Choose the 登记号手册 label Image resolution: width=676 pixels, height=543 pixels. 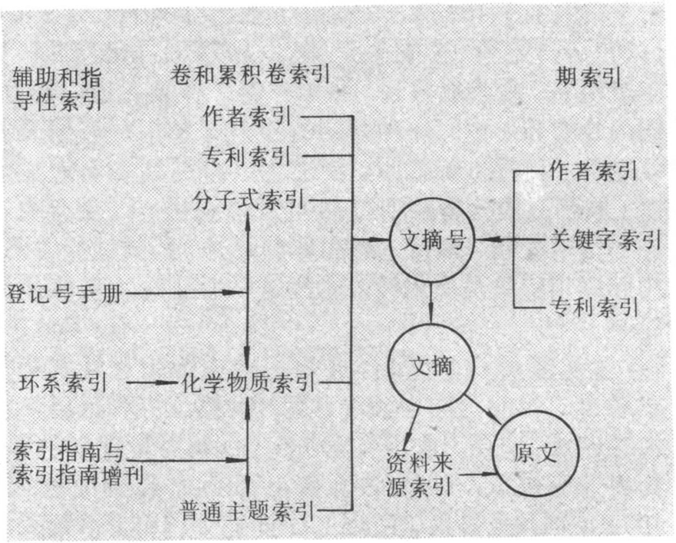click(x=64, y=293)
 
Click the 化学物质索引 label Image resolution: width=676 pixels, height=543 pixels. click(x=248, y=382)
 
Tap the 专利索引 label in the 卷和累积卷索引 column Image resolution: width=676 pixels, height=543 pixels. click(x=246, y=157)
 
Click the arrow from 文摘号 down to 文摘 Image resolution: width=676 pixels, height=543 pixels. click(x=431, y=301)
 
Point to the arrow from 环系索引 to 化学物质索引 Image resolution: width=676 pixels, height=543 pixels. click(x=153, y=382)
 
